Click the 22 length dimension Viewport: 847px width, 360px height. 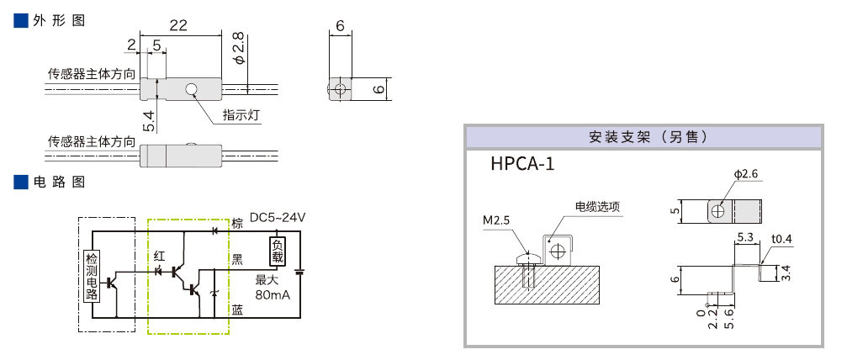(x=177, y=26)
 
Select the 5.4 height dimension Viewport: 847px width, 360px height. (x=149, y=121)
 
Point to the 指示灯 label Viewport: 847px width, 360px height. (x=242, y=116)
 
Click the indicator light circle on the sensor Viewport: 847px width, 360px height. (x=192, y=88)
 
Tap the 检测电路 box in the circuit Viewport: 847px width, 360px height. (x=92, y=276)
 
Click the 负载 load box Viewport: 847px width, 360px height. (x=277, y=251)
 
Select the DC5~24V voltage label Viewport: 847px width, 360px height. (x=278, y=218)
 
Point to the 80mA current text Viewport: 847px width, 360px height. (x=272, y=295)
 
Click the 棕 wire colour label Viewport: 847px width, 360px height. (x=237, y=224)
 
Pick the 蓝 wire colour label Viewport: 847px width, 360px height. (x=237, y=310)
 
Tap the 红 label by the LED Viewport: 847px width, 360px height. (x=160, y=256)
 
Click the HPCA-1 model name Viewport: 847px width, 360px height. (x=522, y=163)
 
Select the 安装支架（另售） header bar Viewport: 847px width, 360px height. (x=643, y=136)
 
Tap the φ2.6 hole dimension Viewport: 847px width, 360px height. (x=746, y=174)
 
